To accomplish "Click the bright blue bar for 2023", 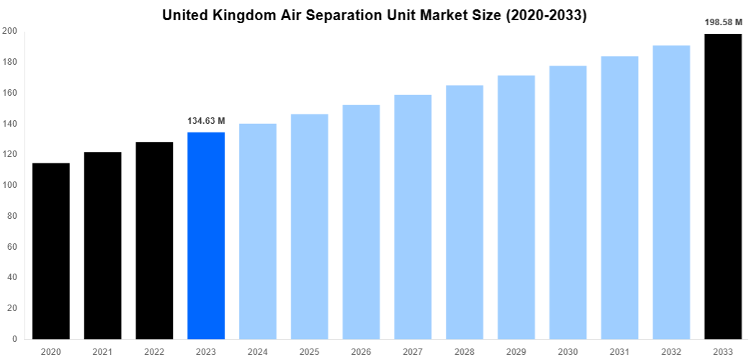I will (x=206, y=235).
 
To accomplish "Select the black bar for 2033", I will (x=723, y=186).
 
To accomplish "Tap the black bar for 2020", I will (x=51, y=251).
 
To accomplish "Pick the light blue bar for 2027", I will (x=413, y=217).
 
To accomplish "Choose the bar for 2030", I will (x=568, y=202).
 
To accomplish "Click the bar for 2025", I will (x=310, y=226).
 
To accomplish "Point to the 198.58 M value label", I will (x=723, y=22).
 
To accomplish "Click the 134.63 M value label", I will (x=206, y=121).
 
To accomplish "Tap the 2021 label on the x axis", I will (x=103, y=351).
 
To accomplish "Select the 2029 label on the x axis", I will (x=516, y=351).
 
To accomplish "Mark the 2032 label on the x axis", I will (x=671, y=351).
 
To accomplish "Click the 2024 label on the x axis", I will (x=258, y=351).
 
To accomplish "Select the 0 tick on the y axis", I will (x=14, y=338).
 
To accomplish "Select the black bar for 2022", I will (x=154, y=240).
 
